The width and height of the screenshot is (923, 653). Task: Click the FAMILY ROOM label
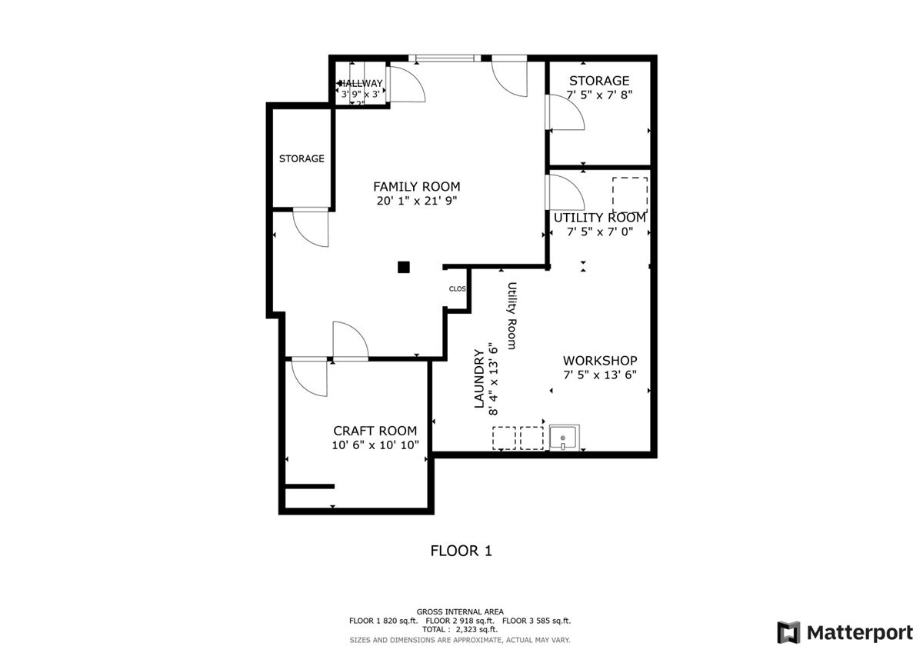(416, 186)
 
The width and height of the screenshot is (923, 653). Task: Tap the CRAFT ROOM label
(375, 431)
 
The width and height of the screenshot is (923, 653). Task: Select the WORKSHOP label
(600, 361)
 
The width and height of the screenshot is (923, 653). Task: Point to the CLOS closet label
(458, 289)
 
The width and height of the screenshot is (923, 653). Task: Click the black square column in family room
(403, 267)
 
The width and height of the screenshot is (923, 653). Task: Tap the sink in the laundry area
(565, 438)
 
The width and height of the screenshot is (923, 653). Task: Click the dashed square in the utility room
(629, 195)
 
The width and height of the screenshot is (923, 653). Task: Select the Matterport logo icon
(788, 632)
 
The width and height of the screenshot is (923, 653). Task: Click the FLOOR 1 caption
(461, 551)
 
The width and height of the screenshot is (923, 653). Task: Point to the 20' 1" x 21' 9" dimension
(416, 202)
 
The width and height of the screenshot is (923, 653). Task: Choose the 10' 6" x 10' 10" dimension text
(375, 445)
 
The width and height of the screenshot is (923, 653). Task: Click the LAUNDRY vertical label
(478, 379)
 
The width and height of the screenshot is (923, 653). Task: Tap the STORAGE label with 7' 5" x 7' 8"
(599, 81)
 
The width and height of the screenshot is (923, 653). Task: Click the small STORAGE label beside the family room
(302, 159)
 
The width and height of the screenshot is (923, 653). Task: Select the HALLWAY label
(361, 84)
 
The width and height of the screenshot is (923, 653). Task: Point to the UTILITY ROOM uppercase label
(600, 218)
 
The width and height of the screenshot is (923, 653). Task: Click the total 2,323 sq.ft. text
(461, 629)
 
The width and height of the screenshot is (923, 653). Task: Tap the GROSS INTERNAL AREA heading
(461, 611)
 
